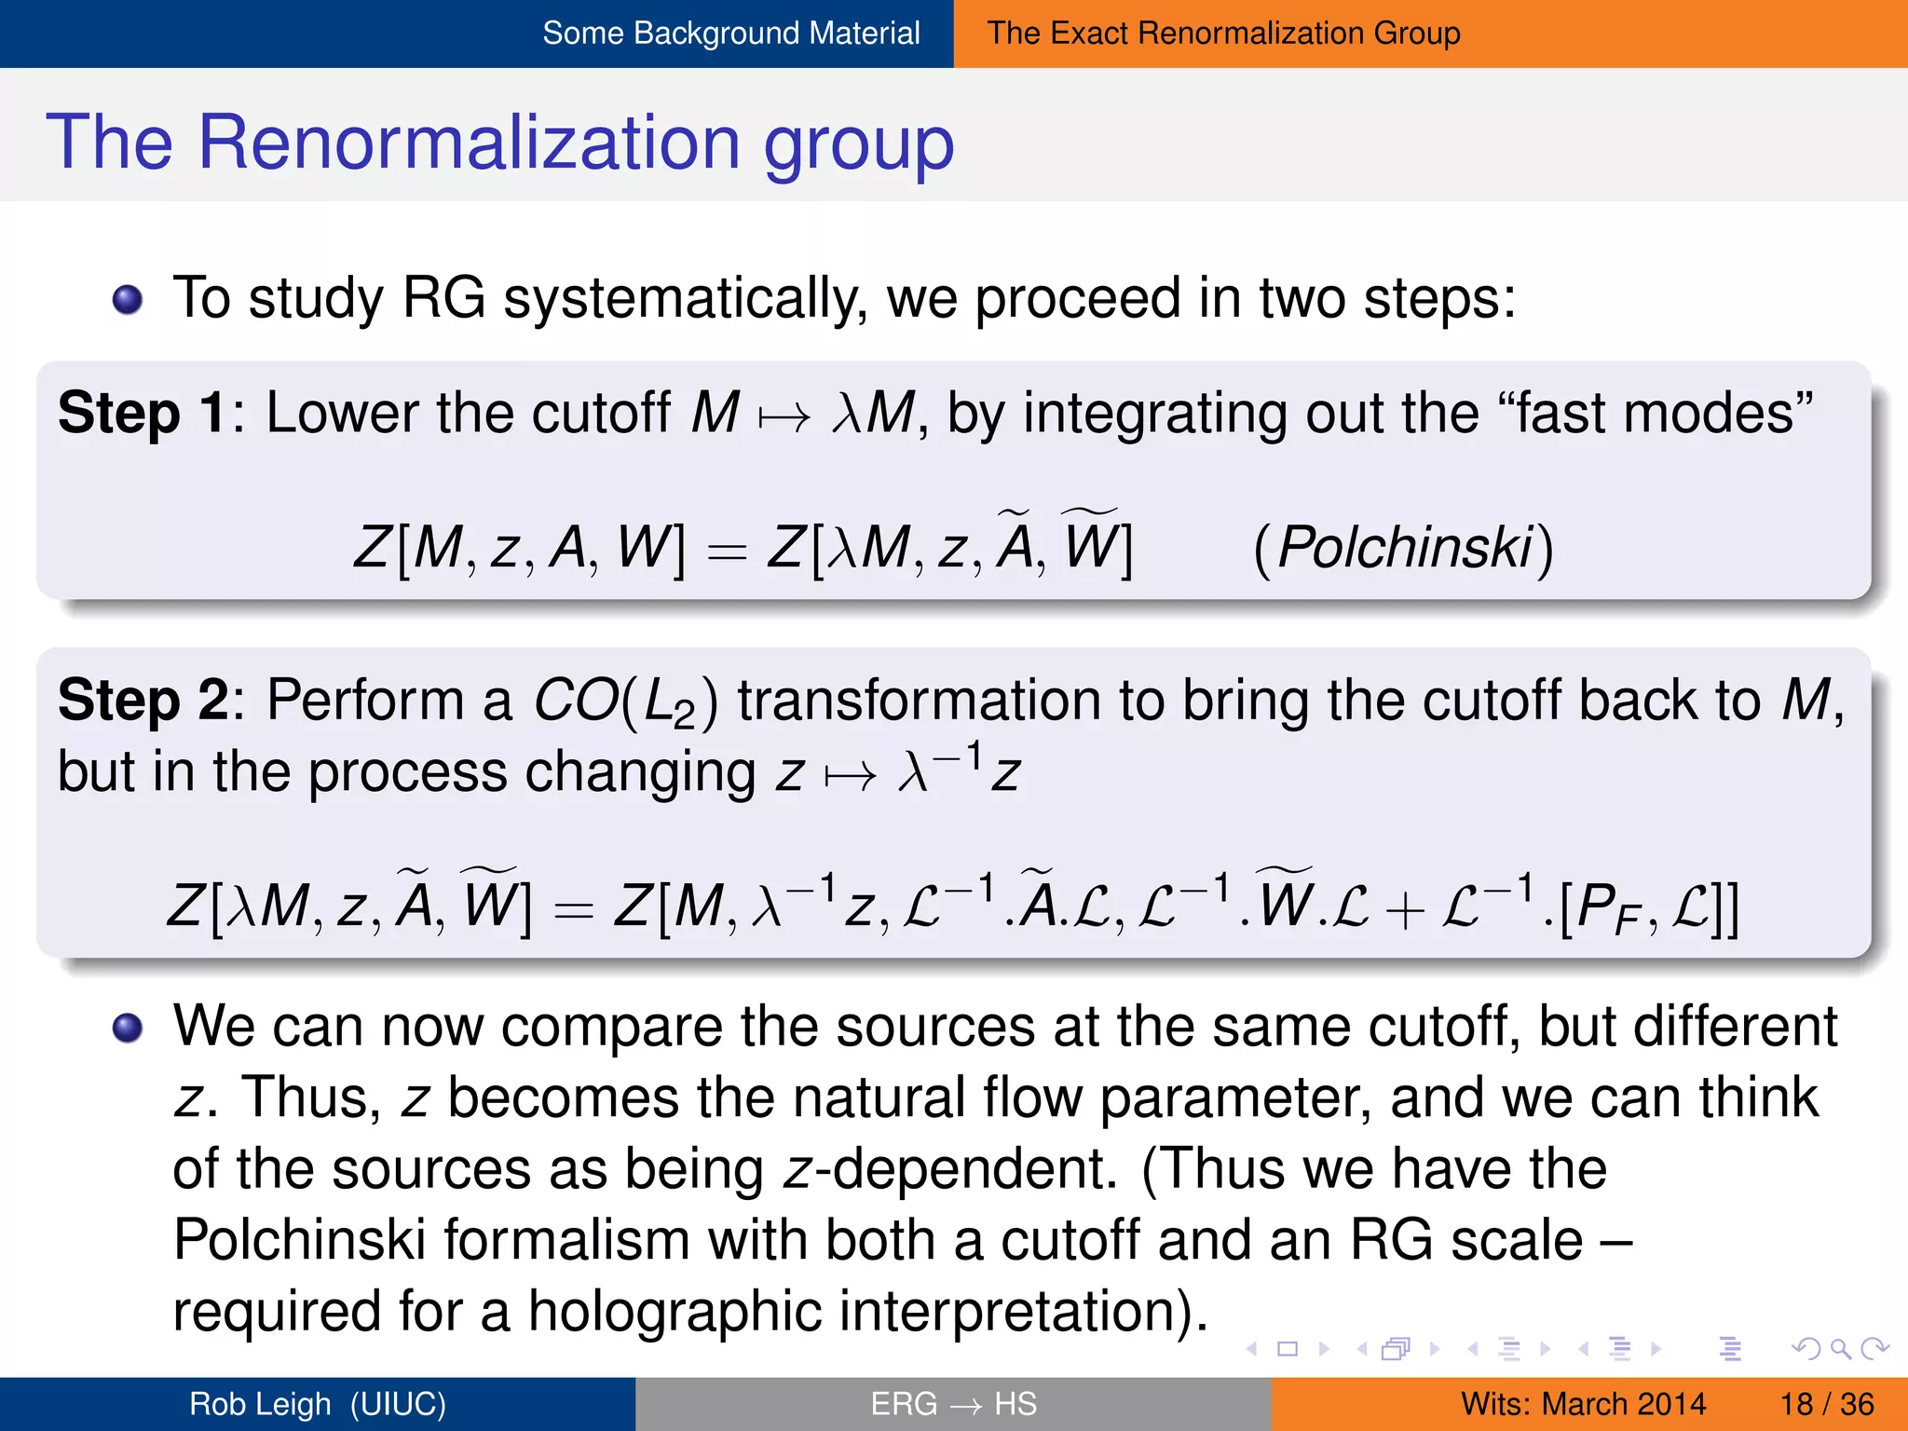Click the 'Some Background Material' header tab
(730, 34)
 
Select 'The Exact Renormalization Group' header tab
(1223, 34)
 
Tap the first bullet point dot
(128, 300)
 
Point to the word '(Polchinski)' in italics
(1403, 548)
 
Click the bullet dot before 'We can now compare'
(128, 1029)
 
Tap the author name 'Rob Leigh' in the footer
(260, 1404)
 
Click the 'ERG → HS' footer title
(953, 1404)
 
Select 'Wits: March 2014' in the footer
(1583, 1404)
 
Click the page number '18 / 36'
(1827, 1404)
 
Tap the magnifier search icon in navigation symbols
(1841, 1348)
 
